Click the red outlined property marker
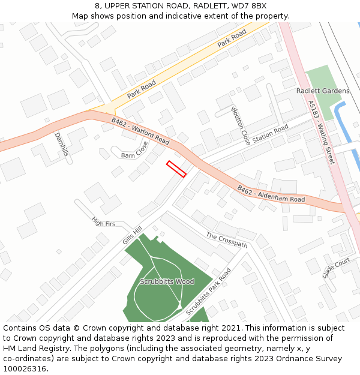point(176,169)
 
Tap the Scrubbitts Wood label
point(167,281)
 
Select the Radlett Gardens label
point(323,91)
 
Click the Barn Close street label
point(135,150)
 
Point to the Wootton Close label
point(241,126)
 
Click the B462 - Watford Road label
point(140,131)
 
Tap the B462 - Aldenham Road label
point(271,194)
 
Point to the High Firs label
point(103,223)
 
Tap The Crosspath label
point(227,240)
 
